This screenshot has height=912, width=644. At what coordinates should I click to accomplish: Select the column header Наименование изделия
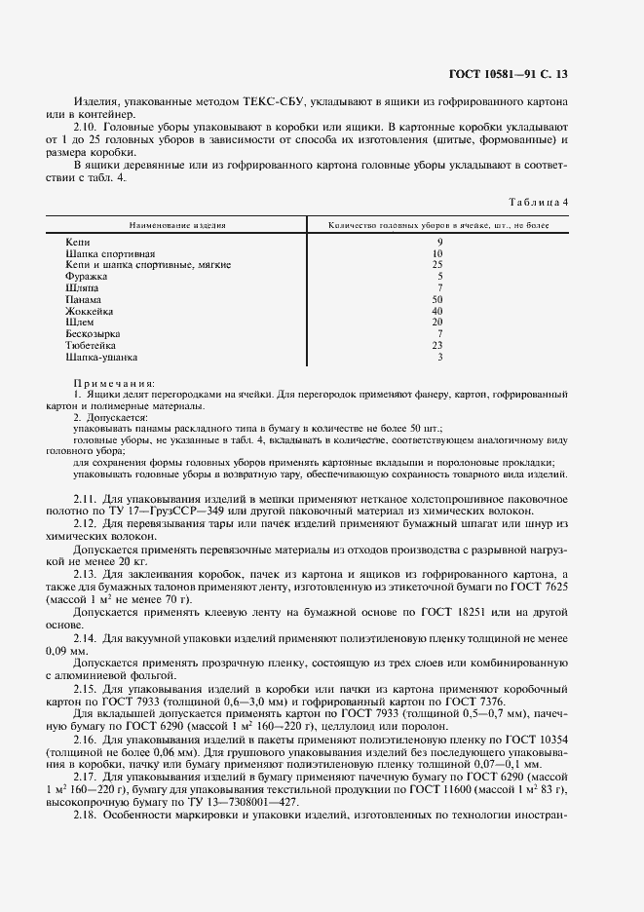tap(179, 225)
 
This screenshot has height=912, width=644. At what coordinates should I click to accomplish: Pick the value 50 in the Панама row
tap(439, 300)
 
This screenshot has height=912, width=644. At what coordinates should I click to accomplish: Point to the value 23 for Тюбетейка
tap(439, 346)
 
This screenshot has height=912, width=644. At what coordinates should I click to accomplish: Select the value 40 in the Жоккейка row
tap(439, 312)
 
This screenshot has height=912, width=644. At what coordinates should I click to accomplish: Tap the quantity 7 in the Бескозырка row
tap(439, 334)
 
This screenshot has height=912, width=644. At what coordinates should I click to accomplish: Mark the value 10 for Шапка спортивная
tap(439, 253)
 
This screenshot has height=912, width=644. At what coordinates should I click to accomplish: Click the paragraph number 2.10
tap(87, 128)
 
